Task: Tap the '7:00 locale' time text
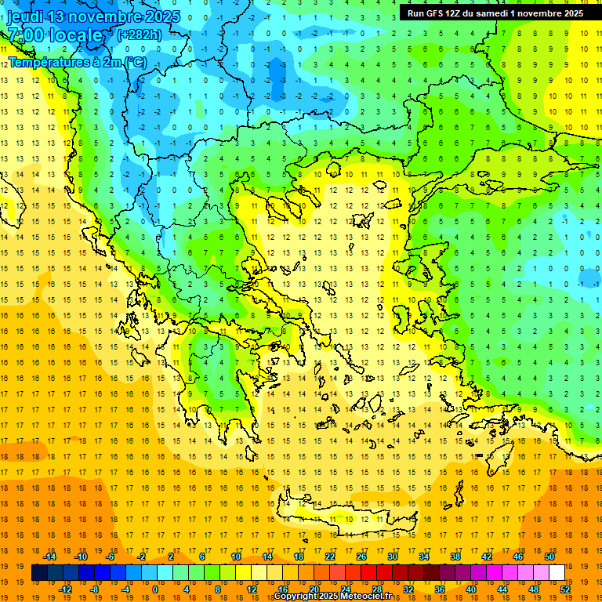pyautogui.click(x=55, y=35)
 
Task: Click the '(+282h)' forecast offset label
pyautogui.click(x=139, y=34)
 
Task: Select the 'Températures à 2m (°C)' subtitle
pyautogui.click(x=77, y=62)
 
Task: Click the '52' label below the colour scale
pyautogui.click(x=565, y=589)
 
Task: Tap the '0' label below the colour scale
pyautogui.click(x=154, y=589)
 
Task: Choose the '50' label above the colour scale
pyautogui.click(x=549, y=557)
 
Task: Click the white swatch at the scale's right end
pyautogui.click(x=557, y=573)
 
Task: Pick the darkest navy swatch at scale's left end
pyautogui.click(x=39, y=573)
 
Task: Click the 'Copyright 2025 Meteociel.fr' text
pyautogui.click(x=332, y=597)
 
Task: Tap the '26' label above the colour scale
pyautogui.click(x=361, y=557)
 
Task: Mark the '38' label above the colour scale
pyautogui.click(x=455, y=557)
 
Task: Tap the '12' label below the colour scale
pyautogui.click(x=252, y=589)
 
